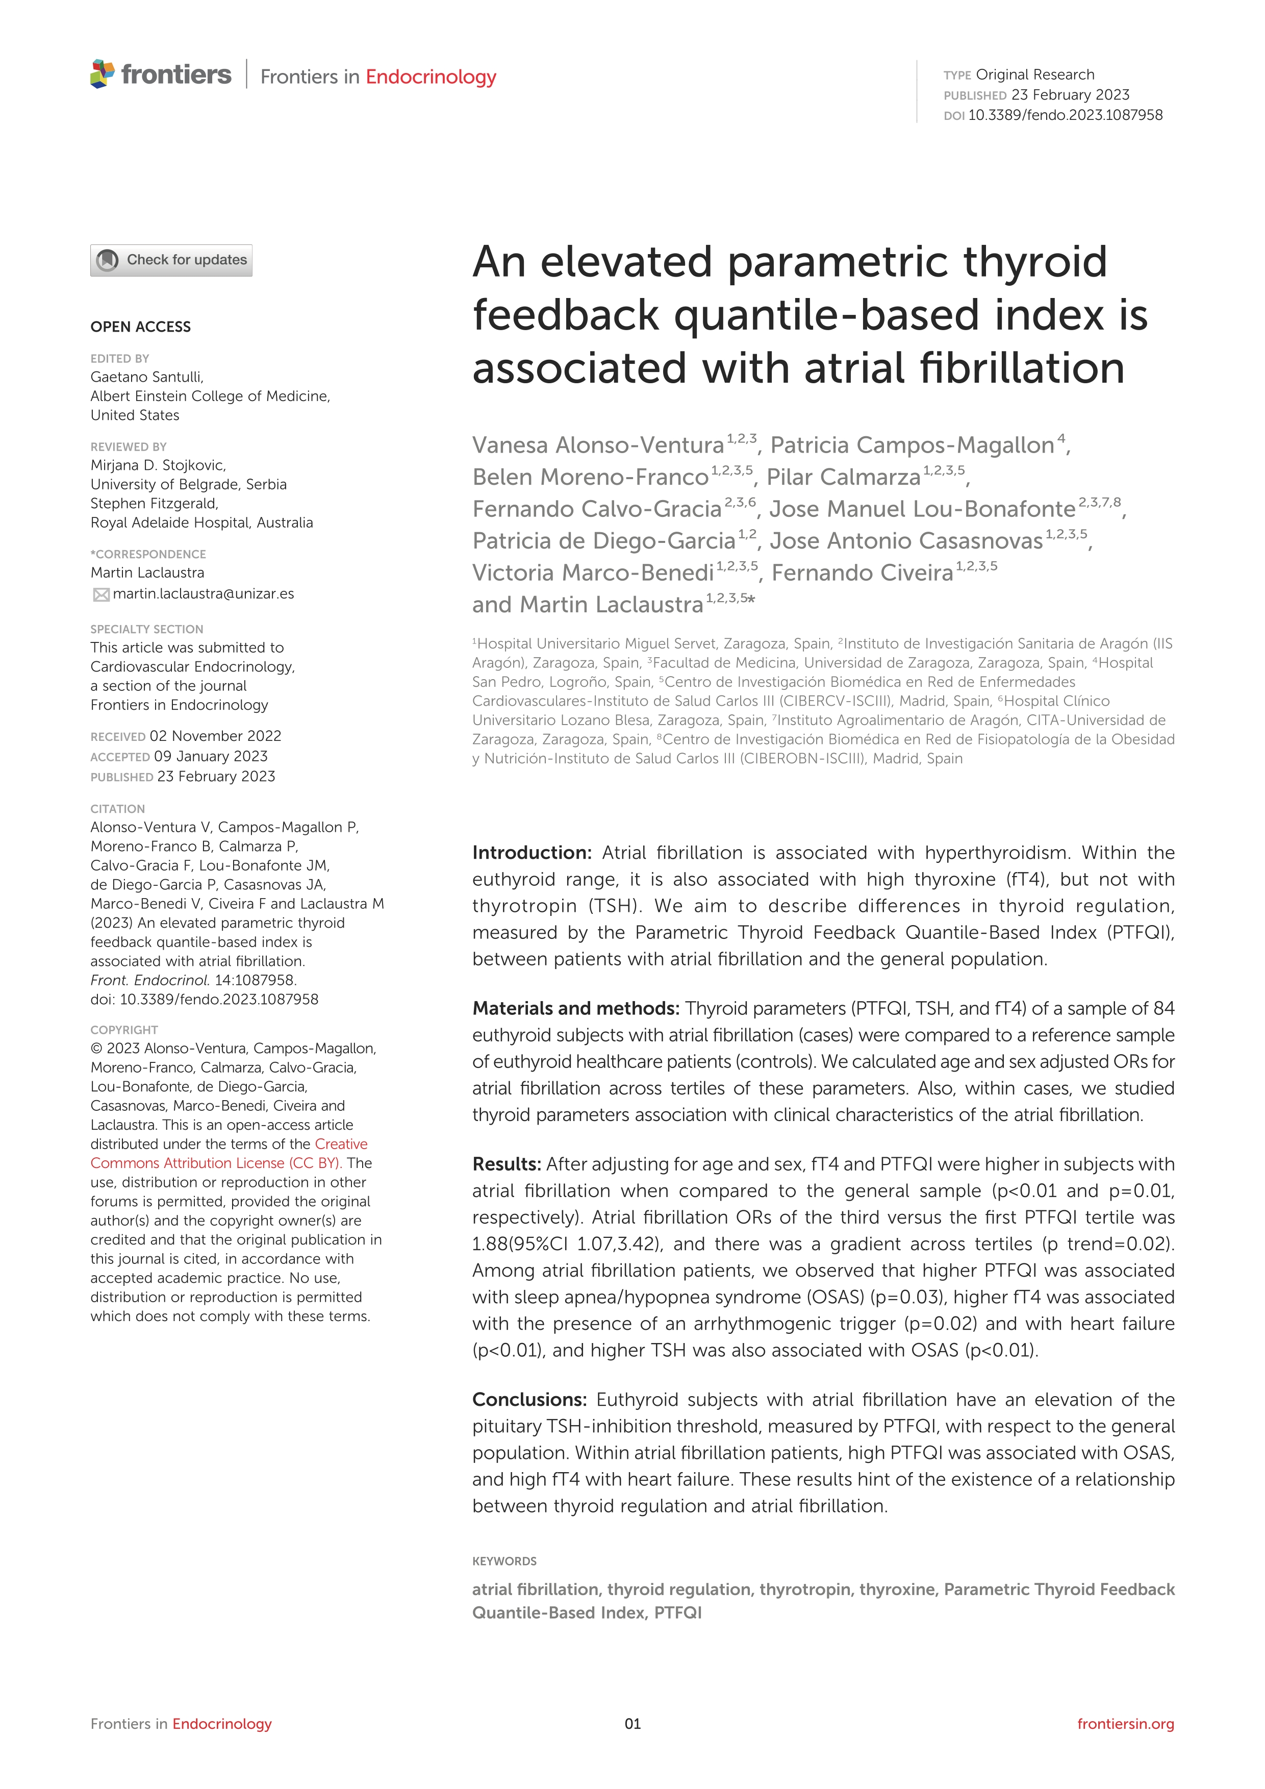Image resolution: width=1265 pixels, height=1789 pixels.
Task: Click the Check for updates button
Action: [x=171, y=260]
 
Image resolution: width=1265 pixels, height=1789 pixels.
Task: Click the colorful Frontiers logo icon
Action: [x=102, y=74]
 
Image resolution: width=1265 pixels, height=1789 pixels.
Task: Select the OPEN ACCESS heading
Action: [x=140, y=327]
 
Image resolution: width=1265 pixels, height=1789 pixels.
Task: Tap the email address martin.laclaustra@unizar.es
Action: [x=204, y=594]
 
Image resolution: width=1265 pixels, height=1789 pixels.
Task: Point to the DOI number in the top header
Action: [x=1065, y=115]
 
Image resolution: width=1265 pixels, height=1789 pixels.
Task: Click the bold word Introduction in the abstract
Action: [x=531, y=853]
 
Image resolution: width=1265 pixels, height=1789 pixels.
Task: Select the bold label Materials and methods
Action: [x=576, y=1009]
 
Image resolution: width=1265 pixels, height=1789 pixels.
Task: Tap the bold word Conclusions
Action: [x=529, y=1399]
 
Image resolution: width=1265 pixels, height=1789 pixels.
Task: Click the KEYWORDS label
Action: [x=504, y=1561]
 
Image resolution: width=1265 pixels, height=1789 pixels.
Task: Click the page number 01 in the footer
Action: [x=633, y=1724]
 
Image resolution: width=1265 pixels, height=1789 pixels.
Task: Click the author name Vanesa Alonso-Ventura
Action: [x=597, y=445]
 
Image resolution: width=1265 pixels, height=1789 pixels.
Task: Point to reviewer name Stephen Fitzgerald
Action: [x=154, y=503]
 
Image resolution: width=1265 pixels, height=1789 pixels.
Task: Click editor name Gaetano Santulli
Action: [x=146, y=377]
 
